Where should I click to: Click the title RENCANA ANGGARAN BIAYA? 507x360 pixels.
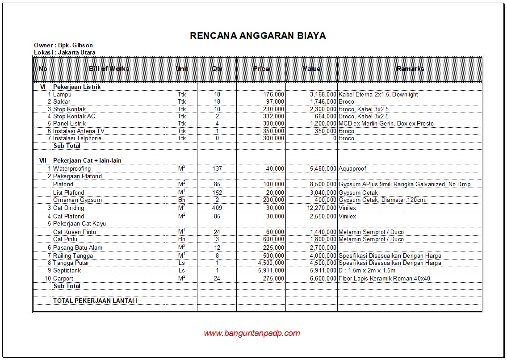click(x=258, y=36)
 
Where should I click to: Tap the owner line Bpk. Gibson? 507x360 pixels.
click(x=63, y=45)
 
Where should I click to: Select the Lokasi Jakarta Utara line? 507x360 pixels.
click(x=65, y=52)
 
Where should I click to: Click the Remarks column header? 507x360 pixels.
click(x=410, y=69)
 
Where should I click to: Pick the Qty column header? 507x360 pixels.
click(x=217, y=69)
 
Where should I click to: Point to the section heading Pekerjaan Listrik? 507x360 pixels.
click(x=77, y=87)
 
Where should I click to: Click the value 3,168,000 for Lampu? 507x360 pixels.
click(x=323, y=94)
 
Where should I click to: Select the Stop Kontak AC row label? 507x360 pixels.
click(x=74, y=116)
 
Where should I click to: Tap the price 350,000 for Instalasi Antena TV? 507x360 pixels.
click(x=273, y=131)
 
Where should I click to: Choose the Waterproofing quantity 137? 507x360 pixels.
click(x=217, y=168)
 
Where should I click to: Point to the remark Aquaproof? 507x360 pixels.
click(x=353, y=168)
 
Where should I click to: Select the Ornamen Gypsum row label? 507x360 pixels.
click(x=77, y=200)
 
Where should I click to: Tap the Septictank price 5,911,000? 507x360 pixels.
click(x=271, y=270)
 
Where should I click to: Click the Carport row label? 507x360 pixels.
click(x=63, y=278)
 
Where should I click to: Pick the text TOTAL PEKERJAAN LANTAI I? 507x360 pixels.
click(x=95, y=301)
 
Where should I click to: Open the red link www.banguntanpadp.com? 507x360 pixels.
click(x=252, y=333)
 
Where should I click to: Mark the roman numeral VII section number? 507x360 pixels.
click(x=43, y=160)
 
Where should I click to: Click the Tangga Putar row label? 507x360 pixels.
click(x=71, y=263)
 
